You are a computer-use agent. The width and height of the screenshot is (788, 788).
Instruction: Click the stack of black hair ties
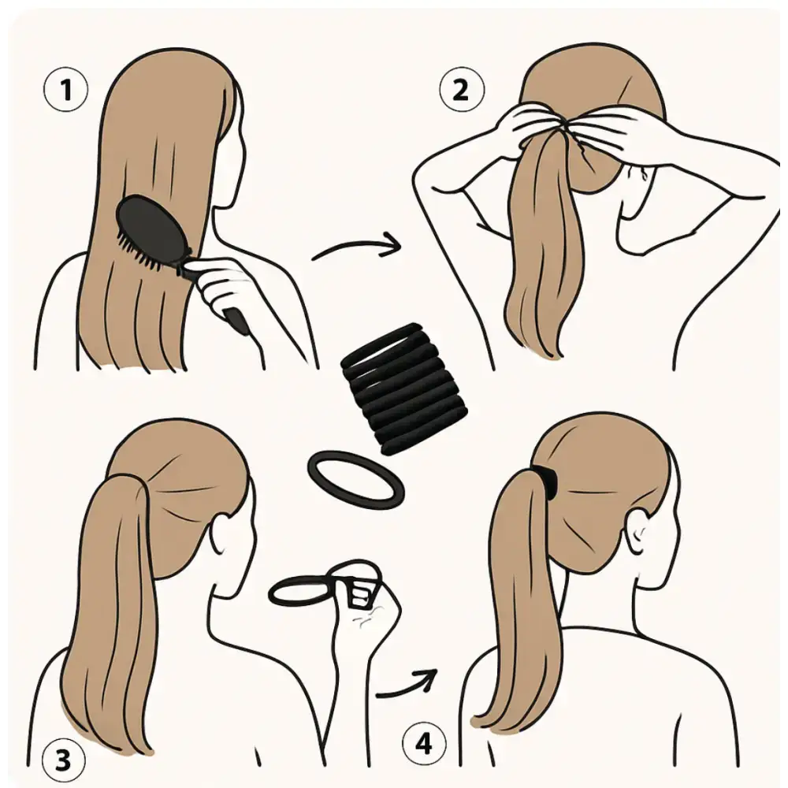(x=404, y=388)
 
